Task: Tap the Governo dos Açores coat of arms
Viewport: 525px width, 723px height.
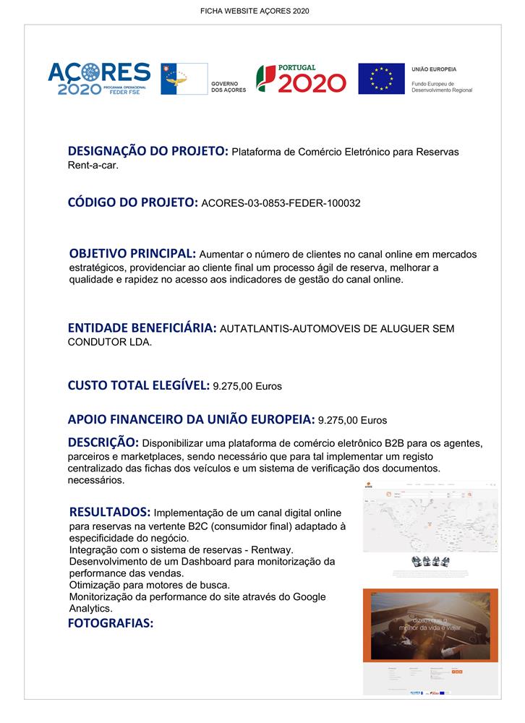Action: [x=184, y=79]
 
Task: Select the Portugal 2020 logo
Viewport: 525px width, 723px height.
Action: [x=301, y=79]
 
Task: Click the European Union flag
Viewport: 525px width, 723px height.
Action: [x=381, y=79]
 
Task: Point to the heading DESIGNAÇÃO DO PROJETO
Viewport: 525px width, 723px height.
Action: [x=148, y=152]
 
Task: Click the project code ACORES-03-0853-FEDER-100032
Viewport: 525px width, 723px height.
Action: [x=281, y=204]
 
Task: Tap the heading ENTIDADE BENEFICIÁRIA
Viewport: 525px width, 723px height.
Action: [x=142, y=328]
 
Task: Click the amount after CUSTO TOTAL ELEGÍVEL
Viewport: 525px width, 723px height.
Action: [x=247, y=386]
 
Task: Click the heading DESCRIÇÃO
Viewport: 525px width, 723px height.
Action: [x=103, y=442]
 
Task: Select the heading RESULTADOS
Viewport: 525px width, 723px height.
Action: [x=110, y=512]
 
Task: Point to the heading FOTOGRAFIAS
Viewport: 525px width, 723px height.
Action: [x=111, y=623]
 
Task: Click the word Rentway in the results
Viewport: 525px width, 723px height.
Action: [x=271, y=551]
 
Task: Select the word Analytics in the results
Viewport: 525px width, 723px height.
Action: [x=90, y=609]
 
